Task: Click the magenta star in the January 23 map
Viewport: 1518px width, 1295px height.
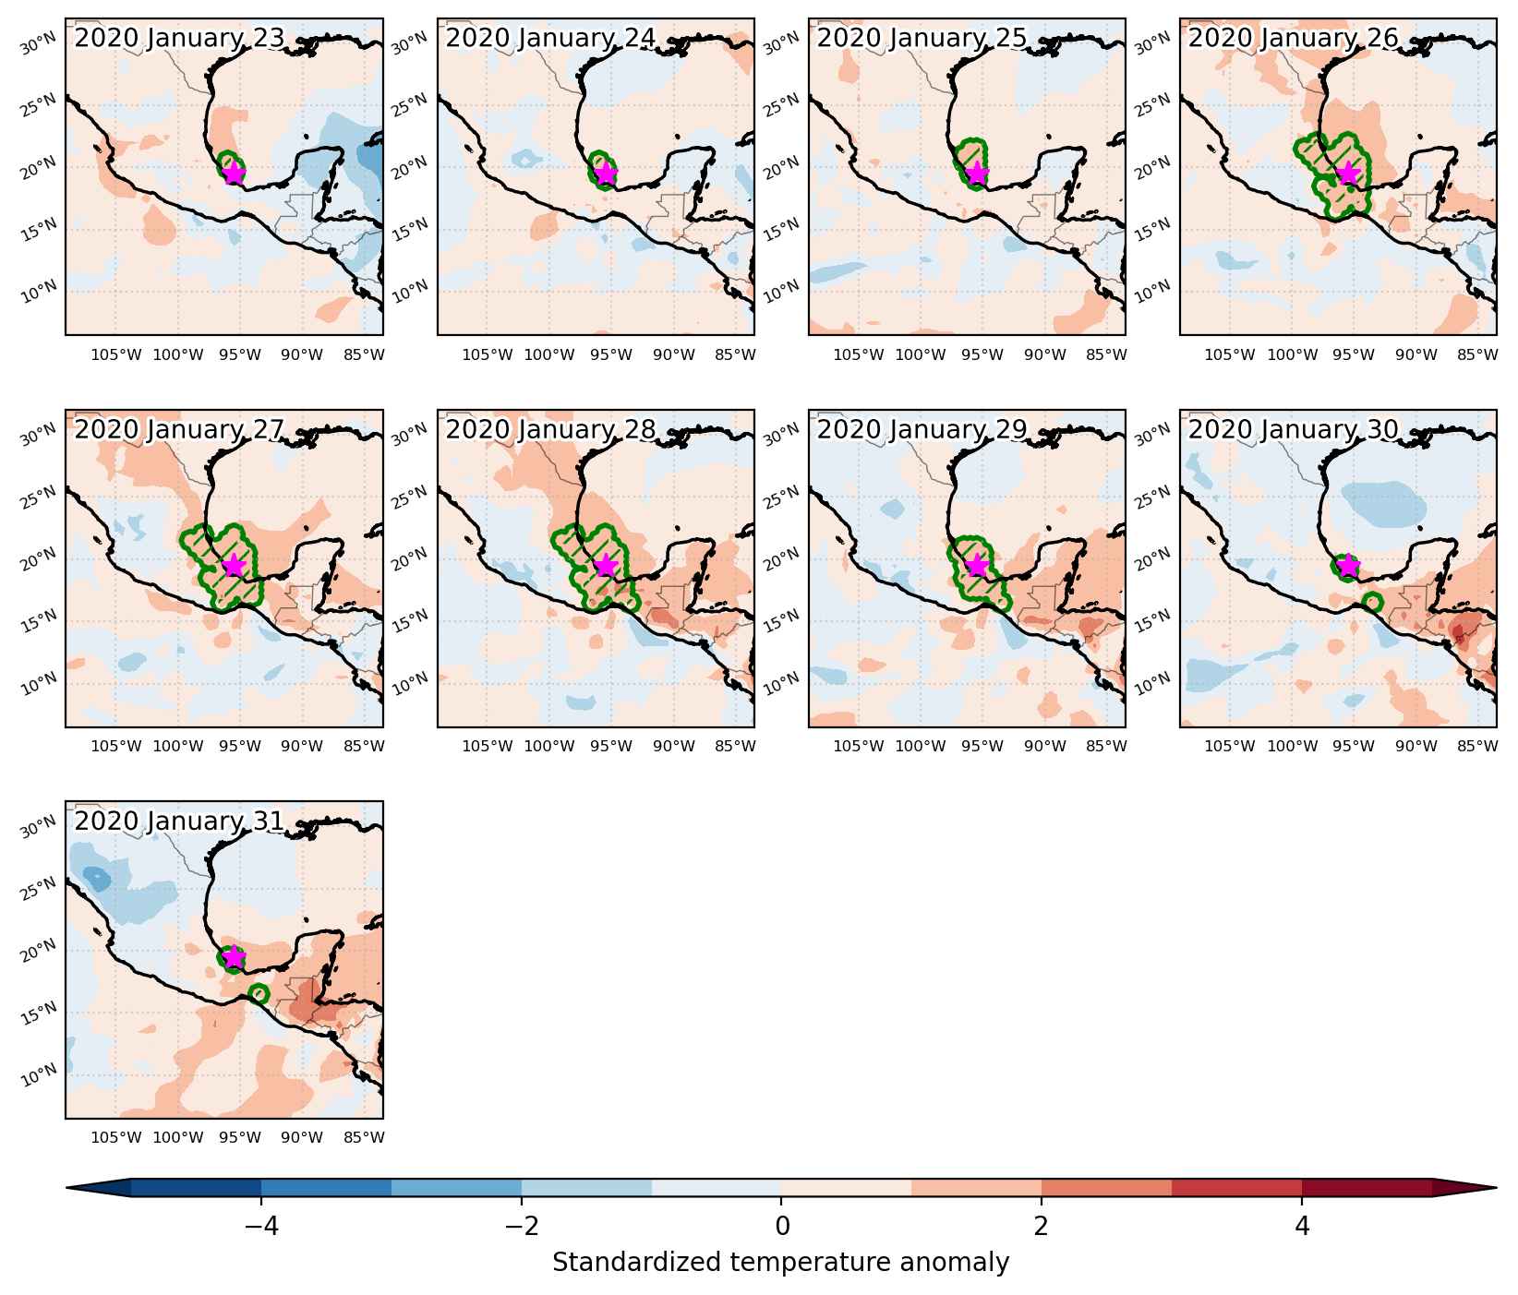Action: [234, 173]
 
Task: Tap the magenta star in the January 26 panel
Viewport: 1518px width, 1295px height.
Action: [1349, 173]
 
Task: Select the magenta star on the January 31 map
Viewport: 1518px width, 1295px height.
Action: [234, 957]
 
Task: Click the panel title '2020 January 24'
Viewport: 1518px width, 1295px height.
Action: [550, 38]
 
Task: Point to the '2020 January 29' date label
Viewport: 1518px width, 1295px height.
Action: [922, 430]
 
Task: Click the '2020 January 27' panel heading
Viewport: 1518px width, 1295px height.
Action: [179, 430]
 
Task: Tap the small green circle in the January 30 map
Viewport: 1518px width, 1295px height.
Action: [1372, 603]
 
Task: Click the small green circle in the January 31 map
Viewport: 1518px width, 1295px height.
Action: [259, 994]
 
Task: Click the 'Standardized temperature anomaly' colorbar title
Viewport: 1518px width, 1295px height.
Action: [781, 1262]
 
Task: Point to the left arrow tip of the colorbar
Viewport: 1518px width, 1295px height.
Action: [67, 1188]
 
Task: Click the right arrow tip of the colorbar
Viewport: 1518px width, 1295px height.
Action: [1496, 1188]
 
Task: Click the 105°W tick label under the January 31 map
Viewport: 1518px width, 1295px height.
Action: [116, 1137]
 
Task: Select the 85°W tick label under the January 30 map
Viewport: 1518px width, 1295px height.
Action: [1477, 746]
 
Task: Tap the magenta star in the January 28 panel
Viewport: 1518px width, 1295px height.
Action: [606, 565]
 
